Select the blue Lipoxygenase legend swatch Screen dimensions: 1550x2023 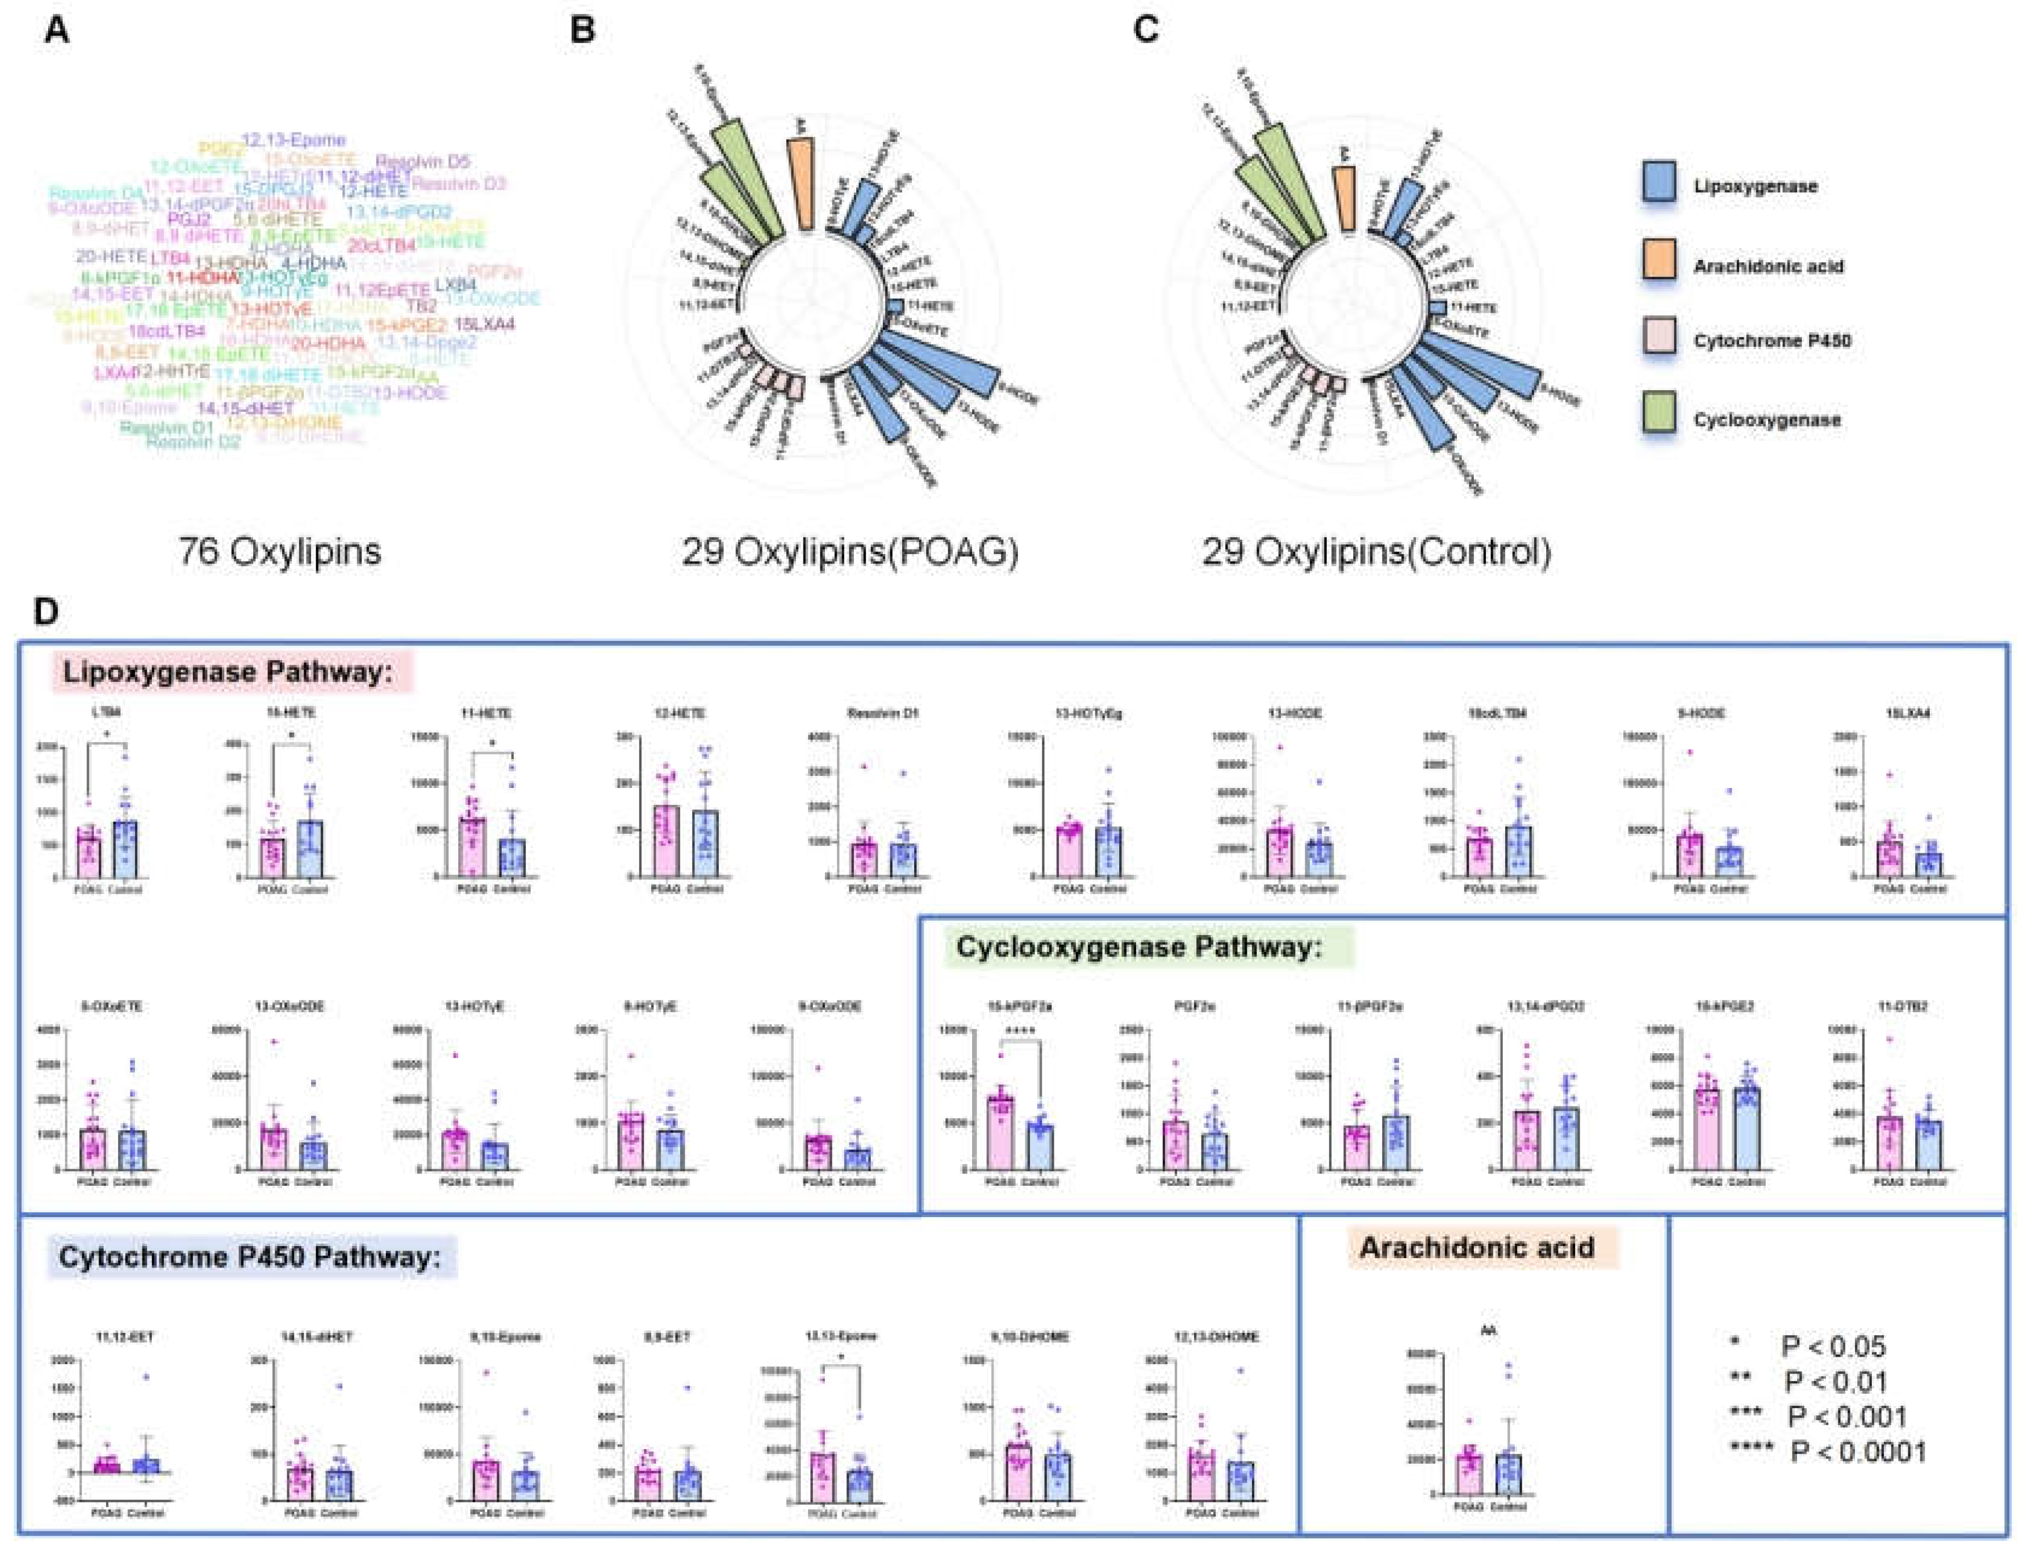(1659, 185)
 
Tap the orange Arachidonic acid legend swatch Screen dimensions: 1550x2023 (1659, 264)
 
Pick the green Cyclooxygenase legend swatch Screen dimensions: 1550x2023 (1659, 419)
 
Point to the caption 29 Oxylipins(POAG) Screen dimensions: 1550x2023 (850, 552)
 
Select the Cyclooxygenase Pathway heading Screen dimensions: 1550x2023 (1139, 947)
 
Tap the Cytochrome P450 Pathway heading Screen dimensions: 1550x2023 (249, 1258)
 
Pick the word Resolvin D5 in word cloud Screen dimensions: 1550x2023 (423, 162)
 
